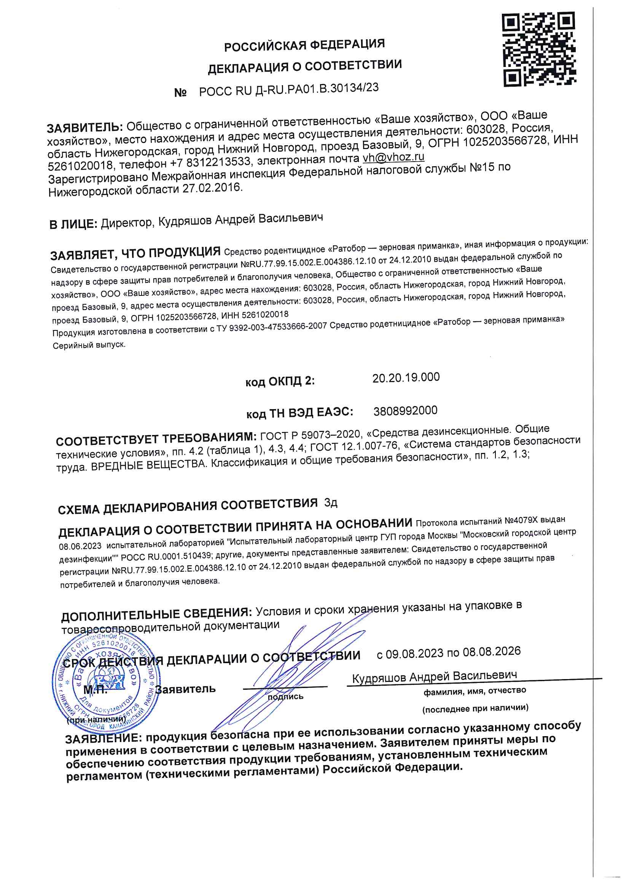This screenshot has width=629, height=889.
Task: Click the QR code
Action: pos(538,49)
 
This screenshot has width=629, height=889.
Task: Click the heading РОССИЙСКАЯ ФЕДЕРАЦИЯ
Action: pos(304,45)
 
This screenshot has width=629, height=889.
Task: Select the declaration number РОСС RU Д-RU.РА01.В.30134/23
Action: pos(289,90)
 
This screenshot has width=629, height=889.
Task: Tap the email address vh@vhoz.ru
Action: pos(393,157)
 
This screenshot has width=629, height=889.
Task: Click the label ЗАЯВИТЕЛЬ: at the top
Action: pos(85,127)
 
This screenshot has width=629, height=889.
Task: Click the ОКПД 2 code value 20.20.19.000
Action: pos(406,378)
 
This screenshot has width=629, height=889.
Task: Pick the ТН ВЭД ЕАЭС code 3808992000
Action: pos(405,411)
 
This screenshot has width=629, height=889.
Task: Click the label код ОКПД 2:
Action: pos(280,381)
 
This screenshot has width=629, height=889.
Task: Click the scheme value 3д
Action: pos(331,503)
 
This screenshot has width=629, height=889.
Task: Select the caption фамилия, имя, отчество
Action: pos(475,691)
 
